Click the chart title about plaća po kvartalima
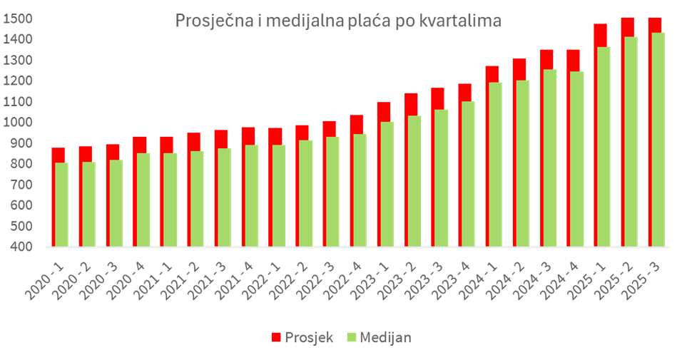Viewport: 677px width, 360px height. [338, 21]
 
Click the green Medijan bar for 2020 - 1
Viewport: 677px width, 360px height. [62, 205]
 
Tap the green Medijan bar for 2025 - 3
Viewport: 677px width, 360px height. [656, 139]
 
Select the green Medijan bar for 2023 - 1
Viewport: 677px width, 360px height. [386, 184]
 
